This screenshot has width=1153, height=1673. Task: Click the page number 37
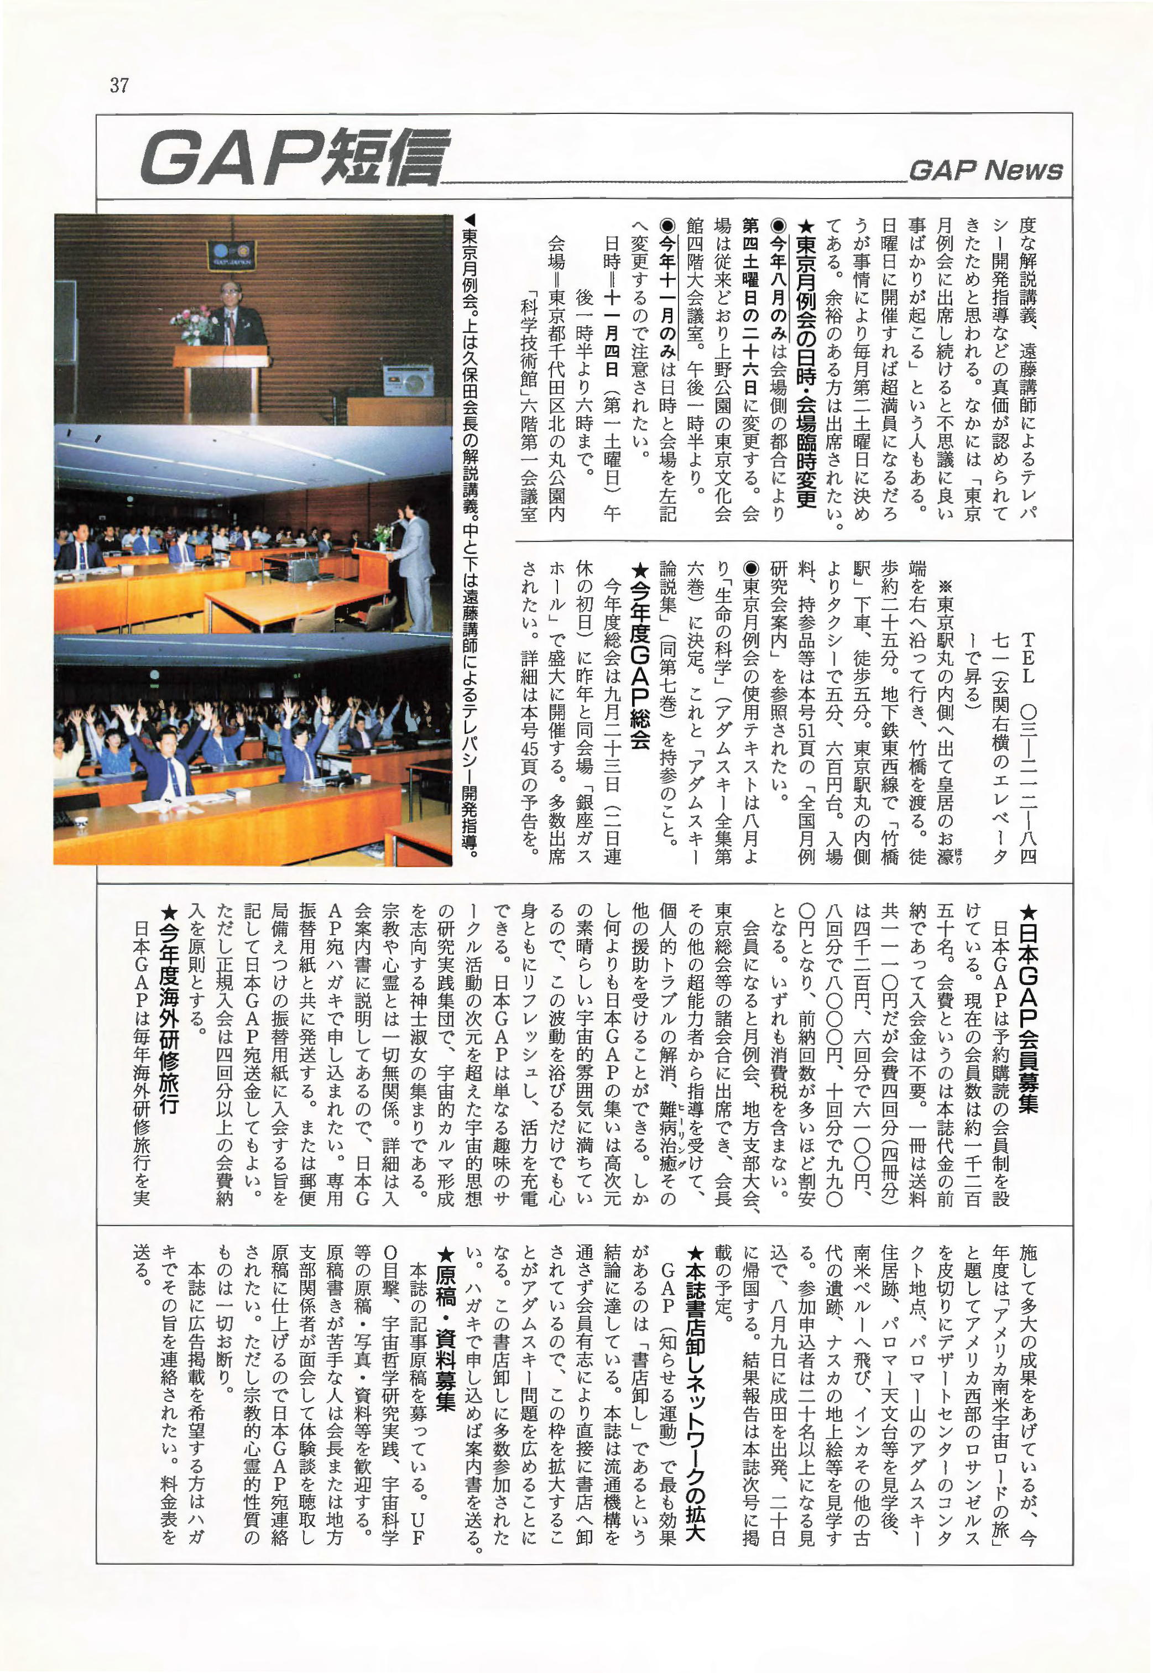119,85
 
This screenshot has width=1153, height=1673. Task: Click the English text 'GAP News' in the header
985,170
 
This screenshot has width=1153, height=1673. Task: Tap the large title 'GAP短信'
294,158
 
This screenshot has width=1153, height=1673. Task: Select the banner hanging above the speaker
231,254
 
